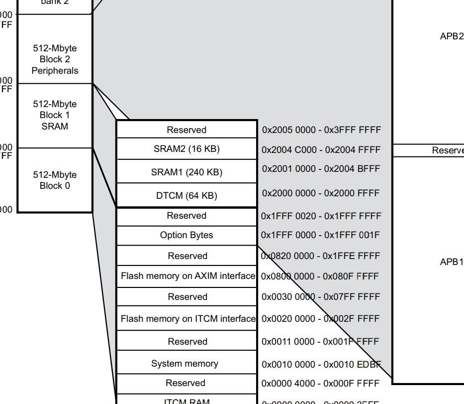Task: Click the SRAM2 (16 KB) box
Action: pyautogui.click(x=186, y=149)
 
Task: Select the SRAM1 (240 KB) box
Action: pyautogui.click(x=186, y=172)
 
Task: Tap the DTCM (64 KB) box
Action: pyautogui.click(x=186, y=196)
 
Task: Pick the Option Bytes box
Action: pyautogui.click(x=186, y=235)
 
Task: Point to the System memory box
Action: pyautogui.click(x=185, y=364)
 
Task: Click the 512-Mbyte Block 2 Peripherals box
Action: pyautogui.click(x=55, y=59)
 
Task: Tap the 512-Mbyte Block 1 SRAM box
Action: pyautogui.click(x=55, y=115)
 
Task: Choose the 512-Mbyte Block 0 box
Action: pyautogui.click(x=55, y=180)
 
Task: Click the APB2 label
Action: pyautogui.click(x=452, y=36)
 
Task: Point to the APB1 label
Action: pyautogui.click(x=452, y=262)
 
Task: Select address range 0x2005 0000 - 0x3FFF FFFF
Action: pyautogui.click(x=321, y=130)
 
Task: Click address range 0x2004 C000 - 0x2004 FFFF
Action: pyautogui.click(x=321, y=150)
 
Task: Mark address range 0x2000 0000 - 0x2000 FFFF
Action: pyautogui.click(x=321, y=193)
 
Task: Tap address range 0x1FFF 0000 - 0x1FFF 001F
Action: pyautogui.click(x=320, y=235)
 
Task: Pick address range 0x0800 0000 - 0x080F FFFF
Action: pyautogui.click(x=320, y=276)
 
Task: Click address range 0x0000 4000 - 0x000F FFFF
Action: pyautogui.click(x=321, y=383)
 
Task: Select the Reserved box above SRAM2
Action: pyautogui.click(x=186, y=130)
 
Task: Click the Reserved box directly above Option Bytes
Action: pyautogui.click(x=186, y=216)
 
